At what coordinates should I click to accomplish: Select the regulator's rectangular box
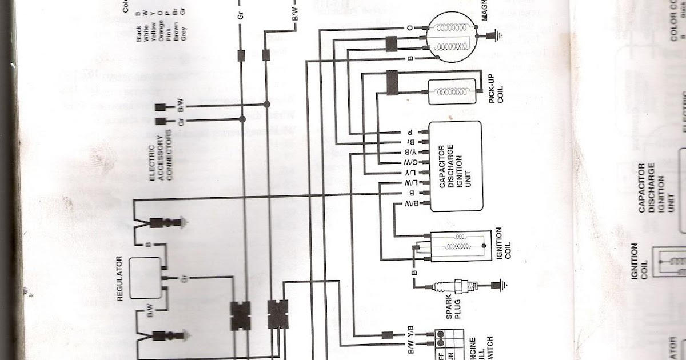(145, 278)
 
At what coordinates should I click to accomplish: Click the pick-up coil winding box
(452, 92)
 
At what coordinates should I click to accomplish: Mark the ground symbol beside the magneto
(496, 37)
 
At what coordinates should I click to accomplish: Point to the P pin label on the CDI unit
(410, 132)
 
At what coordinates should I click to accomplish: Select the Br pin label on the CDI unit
(410, 142)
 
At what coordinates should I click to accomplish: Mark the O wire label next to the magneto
(410, 27)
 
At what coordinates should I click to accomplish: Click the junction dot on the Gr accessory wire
(242, 119)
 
